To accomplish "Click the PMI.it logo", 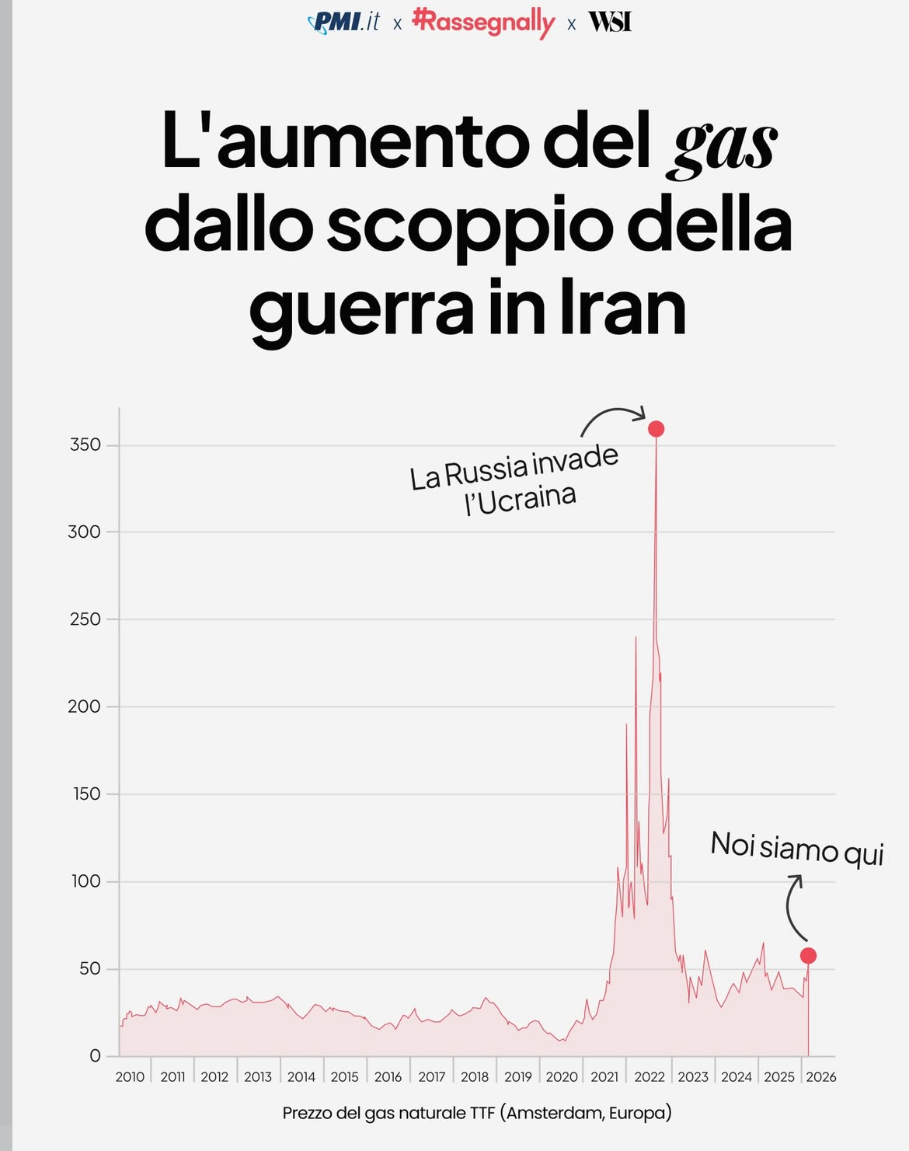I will coord(344,22).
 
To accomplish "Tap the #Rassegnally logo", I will coord(483,22).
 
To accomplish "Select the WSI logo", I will coord(610,22).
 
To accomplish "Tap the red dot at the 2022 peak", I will coord(656,429).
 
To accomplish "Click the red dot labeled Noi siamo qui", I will coord(808,956).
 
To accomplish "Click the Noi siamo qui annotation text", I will coord(797,849).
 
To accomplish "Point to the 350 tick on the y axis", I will coord(85,445).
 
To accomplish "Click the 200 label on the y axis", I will coord(85,706).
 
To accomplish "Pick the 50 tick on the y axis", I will coord(90,968).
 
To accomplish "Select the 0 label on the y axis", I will coord(95,1055).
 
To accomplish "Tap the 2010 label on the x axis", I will coord(130,1076).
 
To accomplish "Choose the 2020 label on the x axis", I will coord(562,1076).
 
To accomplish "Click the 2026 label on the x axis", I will coord(820,1076).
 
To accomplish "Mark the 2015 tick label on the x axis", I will coord(345,1076).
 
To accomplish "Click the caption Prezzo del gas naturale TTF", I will coord(476,1113).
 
